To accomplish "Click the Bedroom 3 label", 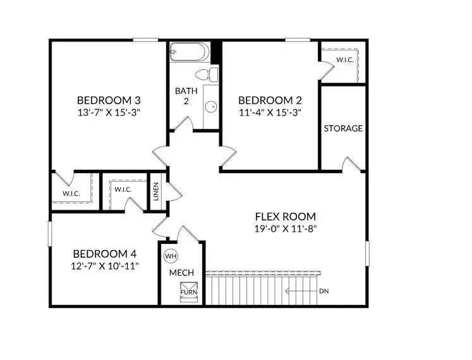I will [x=108, y=100].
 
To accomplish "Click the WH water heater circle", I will [x=170, y=256].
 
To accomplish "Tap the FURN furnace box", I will [x=188, y=291].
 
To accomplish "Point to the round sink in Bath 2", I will [x=210, y=106].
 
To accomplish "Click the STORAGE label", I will [x=343, y=128].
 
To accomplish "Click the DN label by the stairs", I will [x=324, y=291].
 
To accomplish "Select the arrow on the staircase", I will [x=297, y=291].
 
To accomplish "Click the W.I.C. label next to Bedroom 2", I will [x=344, y=60].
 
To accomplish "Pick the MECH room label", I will [x=181, y=273].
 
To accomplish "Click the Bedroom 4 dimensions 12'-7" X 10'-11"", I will [x=104, y=266].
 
